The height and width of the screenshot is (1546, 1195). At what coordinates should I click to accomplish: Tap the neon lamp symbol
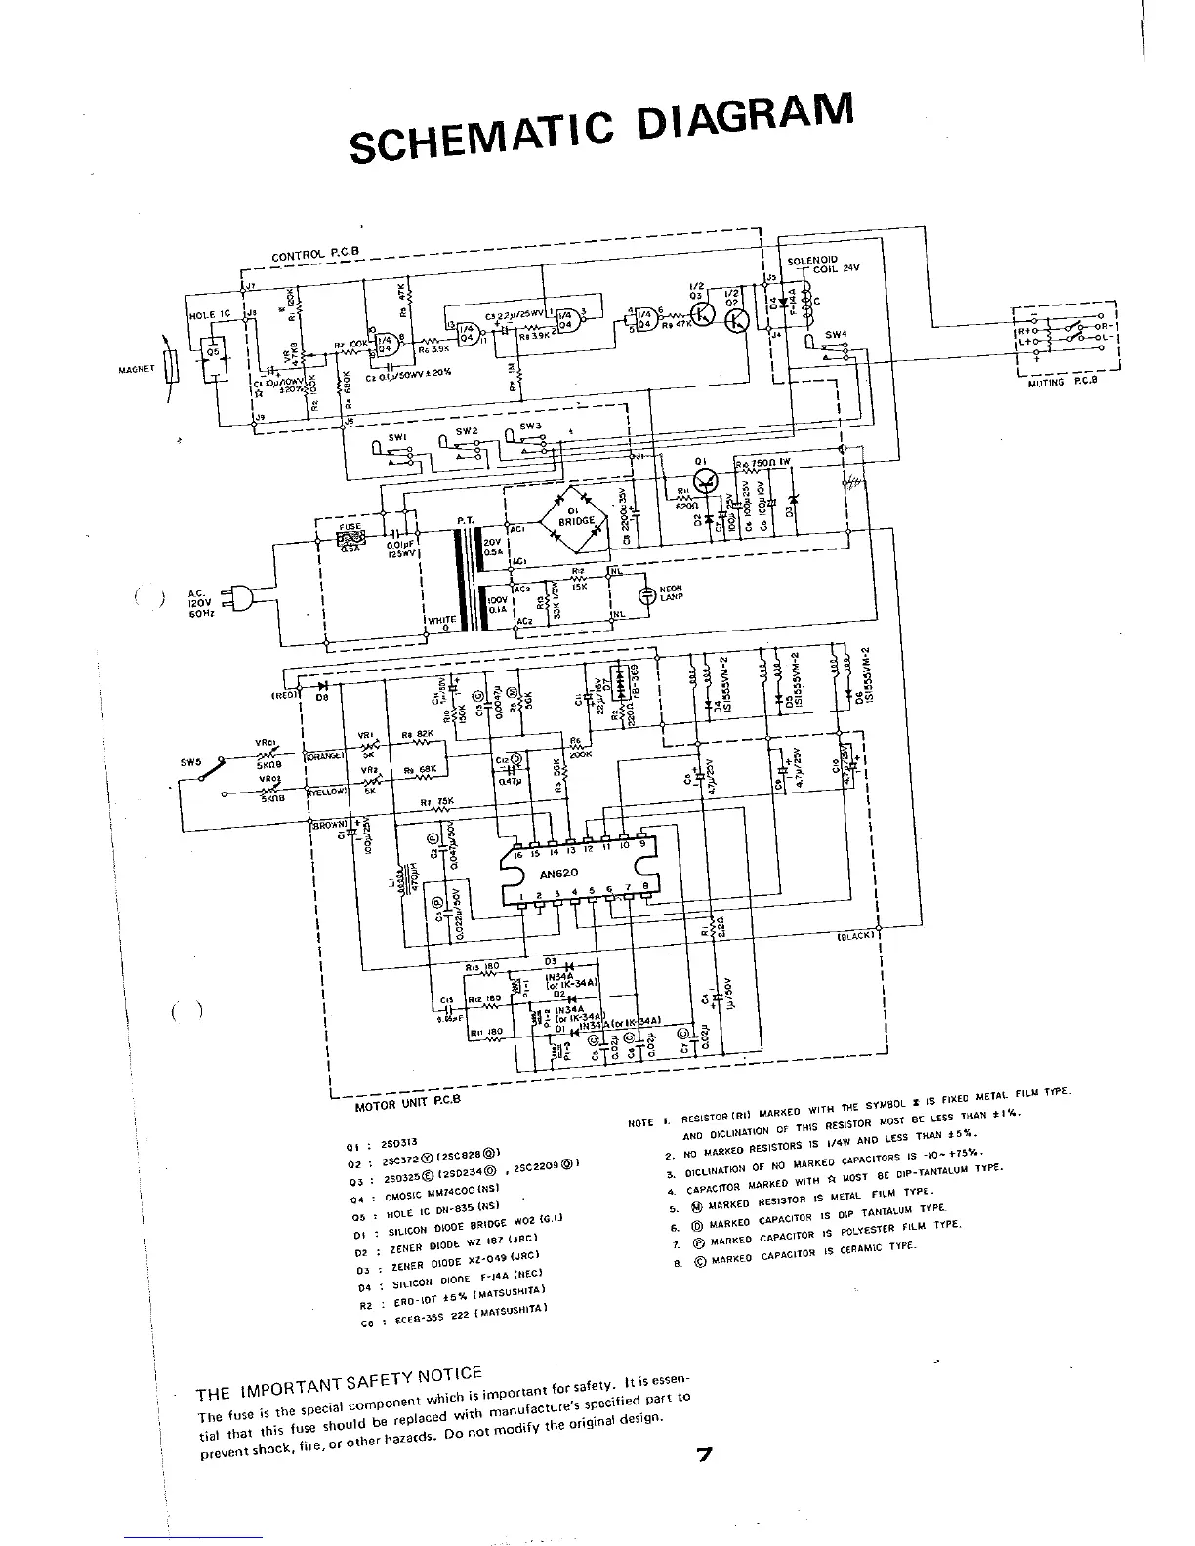[646, 596]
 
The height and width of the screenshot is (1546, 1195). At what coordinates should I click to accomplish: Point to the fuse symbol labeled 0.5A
[350, 537]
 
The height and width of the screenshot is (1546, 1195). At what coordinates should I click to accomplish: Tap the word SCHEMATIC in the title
[479, 138]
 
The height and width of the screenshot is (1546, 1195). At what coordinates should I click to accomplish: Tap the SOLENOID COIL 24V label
[818, 266]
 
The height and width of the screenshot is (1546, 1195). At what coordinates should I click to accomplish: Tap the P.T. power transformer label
[466, 522]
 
